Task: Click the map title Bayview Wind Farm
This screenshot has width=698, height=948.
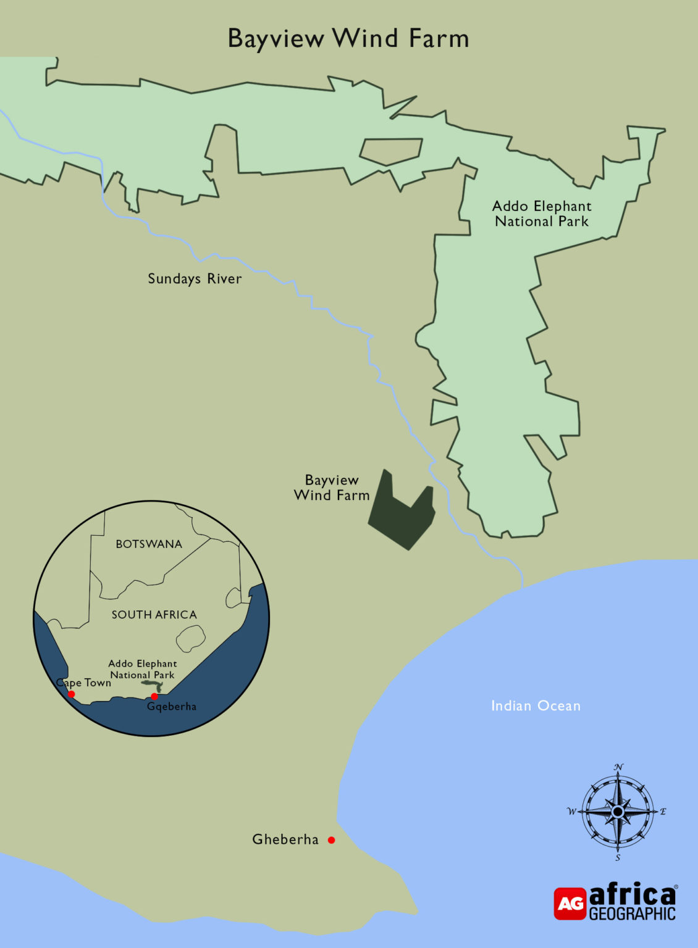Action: pos(348,38)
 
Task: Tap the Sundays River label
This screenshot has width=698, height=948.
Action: pos(195,279)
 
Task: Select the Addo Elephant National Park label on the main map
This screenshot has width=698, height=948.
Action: pos(542,214)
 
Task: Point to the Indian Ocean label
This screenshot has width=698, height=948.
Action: pos(536,705)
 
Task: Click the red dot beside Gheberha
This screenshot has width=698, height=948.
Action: pos(332,840)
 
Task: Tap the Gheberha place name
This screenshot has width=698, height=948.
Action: pos(285,839)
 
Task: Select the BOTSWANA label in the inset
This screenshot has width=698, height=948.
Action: pos(149,544)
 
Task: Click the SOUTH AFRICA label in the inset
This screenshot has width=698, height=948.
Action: pos(154,615)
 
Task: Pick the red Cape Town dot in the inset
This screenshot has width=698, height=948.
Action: pos(72,694)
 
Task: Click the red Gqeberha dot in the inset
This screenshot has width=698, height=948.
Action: pos(154,697)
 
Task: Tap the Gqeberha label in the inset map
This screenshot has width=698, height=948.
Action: pos(172,707)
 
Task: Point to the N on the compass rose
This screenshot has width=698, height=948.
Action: pos(619,767)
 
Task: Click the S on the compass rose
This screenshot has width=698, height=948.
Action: pos(618,858)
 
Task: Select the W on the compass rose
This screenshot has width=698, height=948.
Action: pos(571,812)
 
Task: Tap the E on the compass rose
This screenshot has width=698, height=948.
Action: pos(663,812)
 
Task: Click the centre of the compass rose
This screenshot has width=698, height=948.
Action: pos(618,812)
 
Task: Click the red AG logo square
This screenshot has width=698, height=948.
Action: pos(570,904)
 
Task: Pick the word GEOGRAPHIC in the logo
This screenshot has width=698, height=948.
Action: pos(633,913)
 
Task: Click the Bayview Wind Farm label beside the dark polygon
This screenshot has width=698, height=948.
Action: pos(332,488)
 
